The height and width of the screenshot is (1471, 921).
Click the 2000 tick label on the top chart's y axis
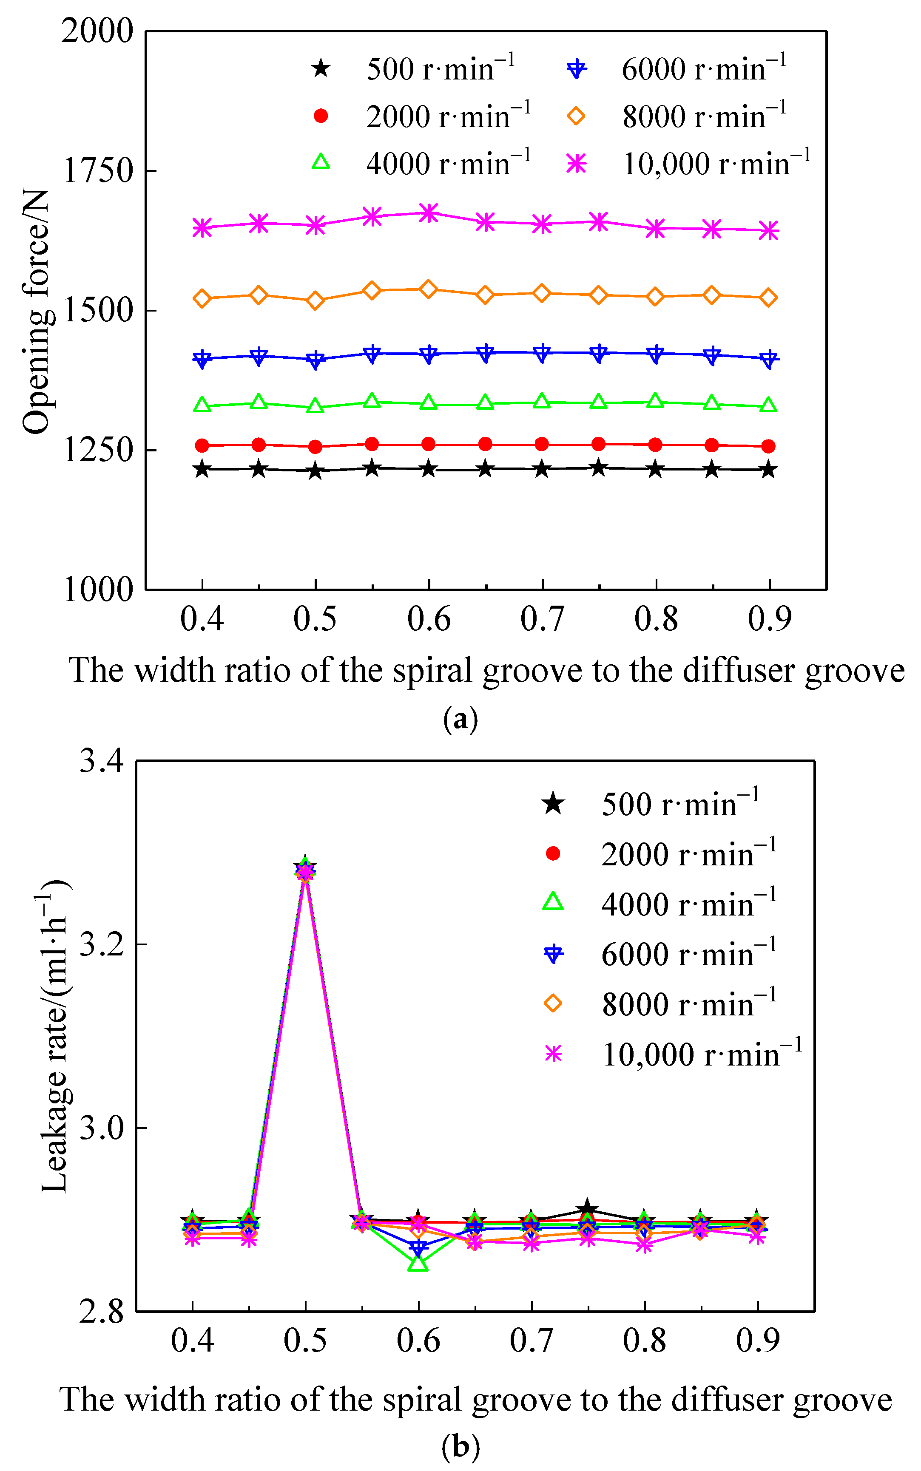point(97,31)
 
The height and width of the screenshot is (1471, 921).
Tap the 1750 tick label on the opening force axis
point(97,171)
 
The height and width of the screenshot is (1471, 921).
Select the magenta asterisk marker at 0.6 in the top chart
point(429,213)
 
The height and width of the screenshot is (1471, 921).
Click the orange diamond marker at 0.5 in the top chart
point(315,300)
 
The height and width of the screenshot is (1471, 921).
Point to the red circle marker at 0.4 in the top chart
point(202,446)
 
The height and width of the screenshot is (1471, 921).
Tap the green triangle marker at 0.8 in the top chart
point(655,401)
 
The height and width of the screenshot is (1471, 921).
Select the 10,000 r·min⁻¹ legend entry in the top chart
point(688,164)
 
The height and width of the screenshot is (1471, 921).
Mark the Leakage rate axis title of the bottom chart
point(55,1035)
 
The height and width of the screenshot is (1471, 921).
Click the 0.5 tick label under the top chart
point(315,618)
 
